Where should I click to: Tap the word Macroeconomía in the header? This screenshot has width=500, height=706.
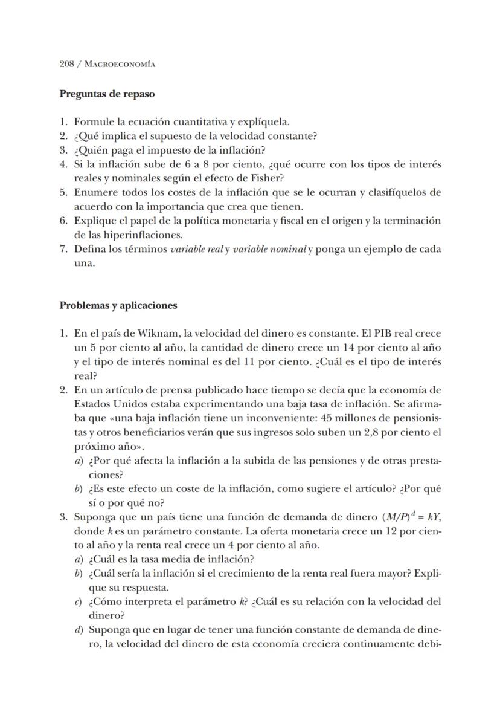[x=120, y=64]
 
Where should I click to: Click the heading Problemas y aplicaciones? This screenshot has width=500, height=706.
[x=118, y=305]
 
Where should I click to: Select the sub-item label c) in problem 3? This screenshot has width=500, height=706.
[x=79, y=602]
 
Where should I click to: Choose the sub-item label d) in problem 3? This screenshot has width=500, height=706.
[x=79, y=630]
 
